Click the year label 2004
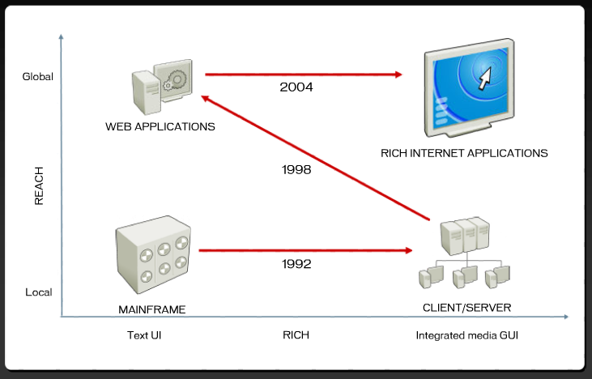pyautogui.click(x=296, y=87)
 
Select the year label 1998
pyautogui.click(x=297, y=170)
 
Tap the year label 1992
pyautogui.click(x=297, y=264)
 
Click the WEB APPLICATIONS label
pyautogui.click(x=160, y=127)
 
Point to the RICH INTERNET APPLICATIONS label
pyautogui.click(x=464, y=152)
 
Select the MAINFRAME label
pyautogui.click(x=152, y=309)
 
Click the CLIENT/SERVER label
pyautogui.click(x=466, y=307)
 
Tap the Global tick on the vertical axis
pyautogui.click(x=37, y=77)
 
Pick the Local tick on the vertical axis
pyautogui.click(x=39, y=292)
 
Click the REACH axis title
pyautogui.click(x=39, y=185)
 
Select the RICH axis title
pyautogui.click(x=296, y=334)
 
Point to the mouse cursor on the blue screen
pyautogui.click(x=485, y=79)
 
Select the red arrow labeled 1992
pyautogui.click(x=304, y=251)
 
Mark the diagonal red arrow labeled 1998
pyautogui.click(x=316, y=158)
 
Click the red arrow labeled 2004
pyautogui.click(x=304, y=75)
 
